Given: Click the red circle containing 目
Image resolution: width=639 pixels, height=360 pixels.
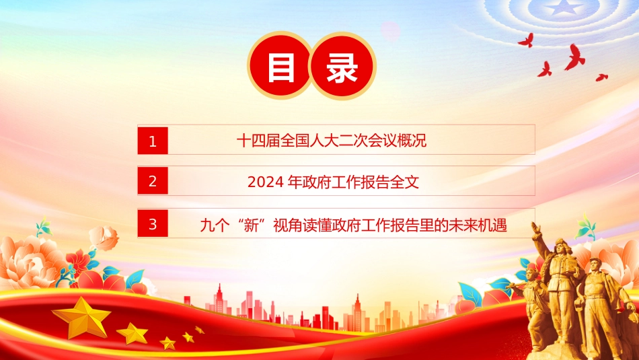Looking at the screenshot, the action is pos(280,66).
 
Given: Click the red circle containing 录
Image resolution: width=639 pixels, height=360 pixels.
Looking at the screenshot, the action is pos(342,66).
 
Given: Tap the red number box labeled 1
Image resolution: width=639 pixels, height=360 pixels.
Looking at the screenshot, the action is pos(153,141).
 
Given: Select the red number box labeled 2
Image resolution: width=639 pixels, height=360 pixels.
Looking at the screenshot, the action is pos(153,180).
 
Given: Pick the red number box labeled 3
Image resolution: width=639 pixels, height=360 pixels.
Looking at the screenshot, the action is pos(153,223).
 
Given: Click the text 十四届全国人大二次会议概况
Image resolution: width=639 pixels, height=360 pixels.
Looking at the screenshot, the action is pos(332,141).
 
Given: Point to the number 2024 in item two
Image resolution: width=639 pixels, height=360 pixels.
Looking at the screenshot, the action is pos(266,182).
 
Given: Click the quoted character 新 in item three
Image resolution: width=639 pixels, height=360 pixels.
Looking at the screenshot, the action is pos(251,225).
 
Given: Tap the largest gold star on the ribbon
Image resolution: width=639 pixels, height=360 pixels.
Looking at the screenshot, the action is pos(82,317).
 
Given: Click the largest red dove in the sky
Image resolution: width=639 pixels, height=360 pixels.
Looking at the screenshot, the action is pos(575,57).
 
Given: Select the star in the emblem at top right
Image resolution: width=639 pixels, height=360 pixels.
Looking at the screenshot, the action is pos(564,7).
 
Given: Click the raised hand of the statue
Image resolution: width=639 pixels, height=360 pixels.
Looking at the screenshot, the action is pos(536,227).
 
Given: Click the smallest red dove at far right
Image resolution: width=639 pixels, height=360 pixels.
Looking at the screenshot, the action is pos(601,77).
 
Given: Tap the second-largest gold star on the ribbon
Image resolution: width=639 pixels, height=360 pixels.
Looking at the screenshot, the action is pos(133,334).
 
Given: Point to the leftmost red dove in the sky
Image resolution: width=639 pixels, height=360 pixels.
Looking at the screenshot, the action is pos(526,40).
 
